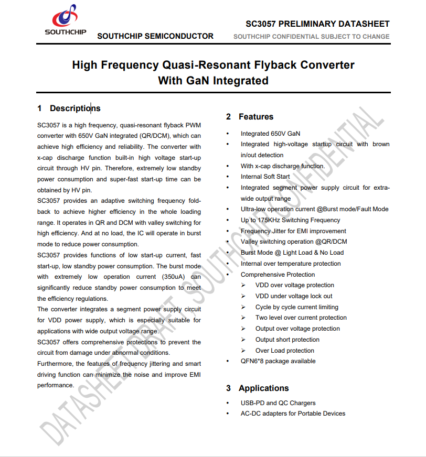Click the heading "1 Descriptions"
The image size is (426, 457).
tap(69, 108)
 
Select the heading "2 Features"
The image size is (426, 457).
tap(250, 116)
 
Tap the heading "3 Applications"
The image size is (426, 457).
tap(258, 388)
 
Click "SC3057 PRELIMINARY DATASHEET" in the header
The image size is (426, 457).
tap(317, 24)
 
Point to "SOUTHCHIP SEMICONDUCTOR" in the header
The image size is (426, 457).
tap(155, 36)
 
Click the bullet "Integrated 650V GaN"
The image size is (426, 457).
tap(270, 134)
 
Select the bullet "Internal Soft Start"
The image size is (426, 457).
tap(265, 177)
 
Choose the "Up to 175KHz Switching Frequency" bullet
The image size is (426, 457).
tap(290, 220)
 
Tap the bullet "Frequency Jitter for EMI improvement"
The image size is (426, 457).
tap(293, 231)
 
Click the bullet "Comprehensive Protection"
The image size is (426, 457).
tap(278, 275)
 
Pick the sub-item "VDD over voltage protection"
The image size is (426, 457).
tap(294, 285)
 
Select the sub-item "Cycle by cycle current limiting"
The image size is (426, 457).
tap(296, 307)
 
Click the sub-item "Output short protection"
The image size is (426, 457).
tap(287, 340)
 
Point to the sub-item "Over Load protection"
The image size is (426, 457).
tap(284, 351)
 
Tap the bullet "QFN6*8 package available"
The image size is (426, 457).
tap(278, 361)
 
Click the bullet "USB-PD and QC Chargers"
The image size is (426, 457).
tap(278, 403)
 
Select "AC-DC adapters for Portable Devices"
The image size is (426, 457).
tap(293, 414)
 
